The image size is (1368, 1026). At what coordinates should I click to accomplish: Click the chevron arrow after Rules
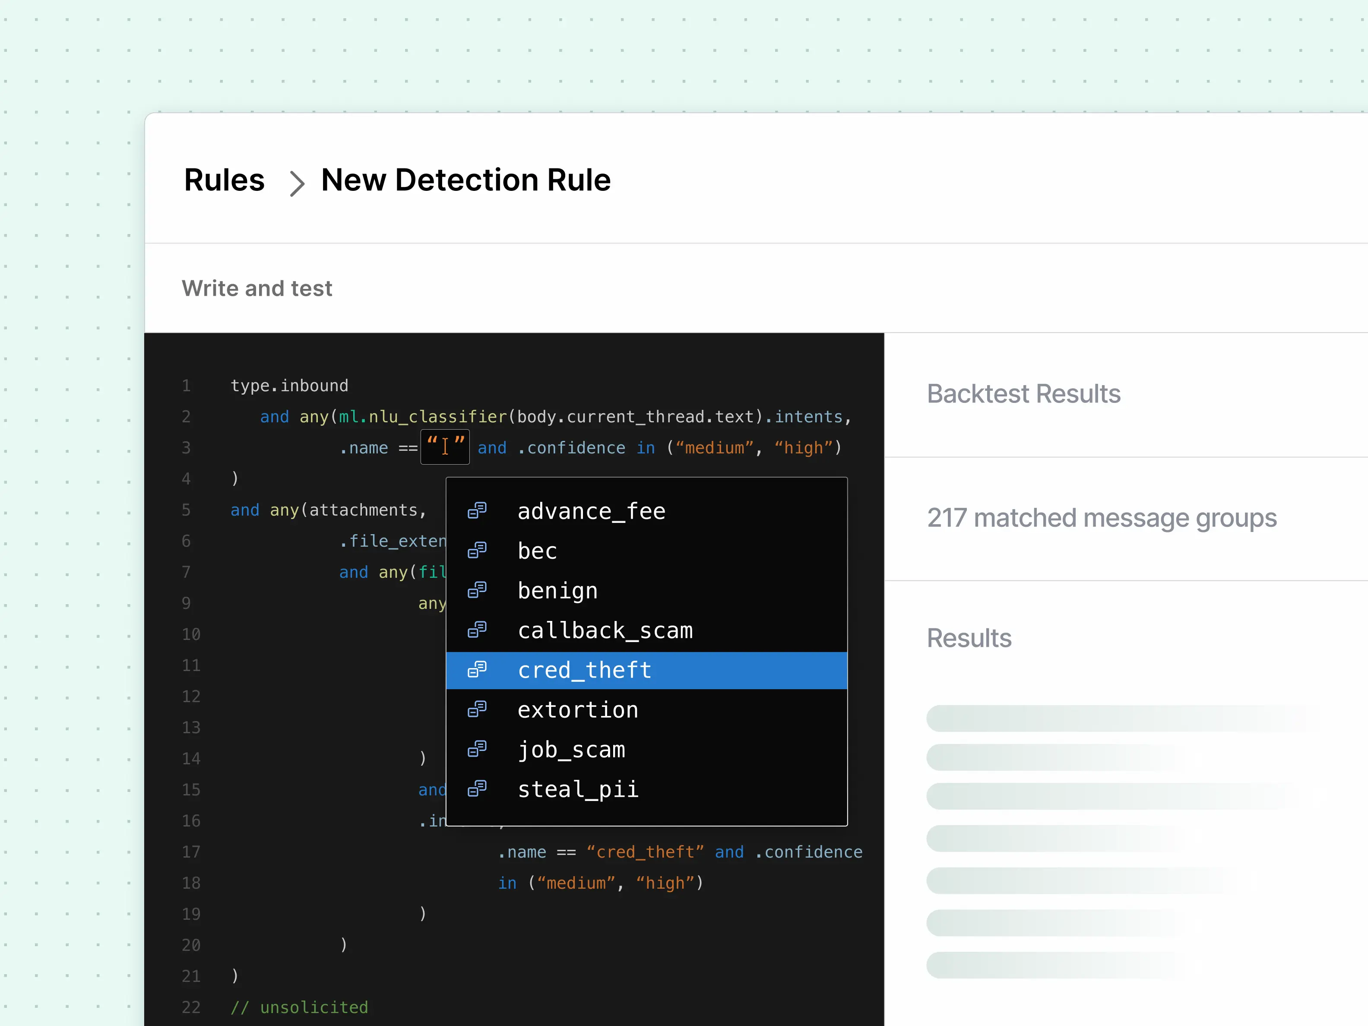(x=298, y=184)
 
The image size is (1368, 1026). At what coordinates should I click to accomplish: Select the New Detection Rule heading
(x=465, y=180)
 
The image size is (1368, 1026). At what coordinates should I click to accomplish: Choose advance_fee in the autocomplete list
(x=591, y=511)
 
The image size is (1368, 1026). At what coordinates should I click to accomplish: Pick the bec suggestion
(x=538, y=551)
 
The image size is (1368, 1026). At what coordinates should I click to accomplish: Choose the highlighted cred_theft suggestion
(x=584, y=670)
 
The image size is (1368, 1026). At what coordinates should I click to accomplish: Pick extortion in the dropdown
(x=578, y=710)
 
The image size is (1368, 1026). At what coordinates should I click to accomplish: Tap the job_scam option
(x=571, y=750)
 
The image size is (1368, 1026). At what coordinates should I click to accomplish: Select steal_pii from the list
(x=578, y=789)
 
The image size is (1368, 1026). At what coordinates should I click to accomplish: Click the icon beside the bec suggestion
(x=477, y=550)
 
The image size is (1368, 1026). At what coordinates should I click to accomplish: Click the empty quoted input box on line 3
(x=445, y=447)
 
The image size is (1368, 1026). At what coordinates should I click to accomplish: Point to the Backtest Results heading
(x=1023, y=394)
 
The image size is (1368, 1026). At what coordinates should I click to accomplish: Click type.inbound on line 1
(x=289, y=386)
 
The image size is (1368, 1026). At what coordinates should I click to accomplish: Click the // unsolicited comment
(x=299, y=1007)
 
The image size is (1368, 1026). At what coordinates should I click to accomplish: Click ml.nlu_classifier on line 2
(x=422, y=417)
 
